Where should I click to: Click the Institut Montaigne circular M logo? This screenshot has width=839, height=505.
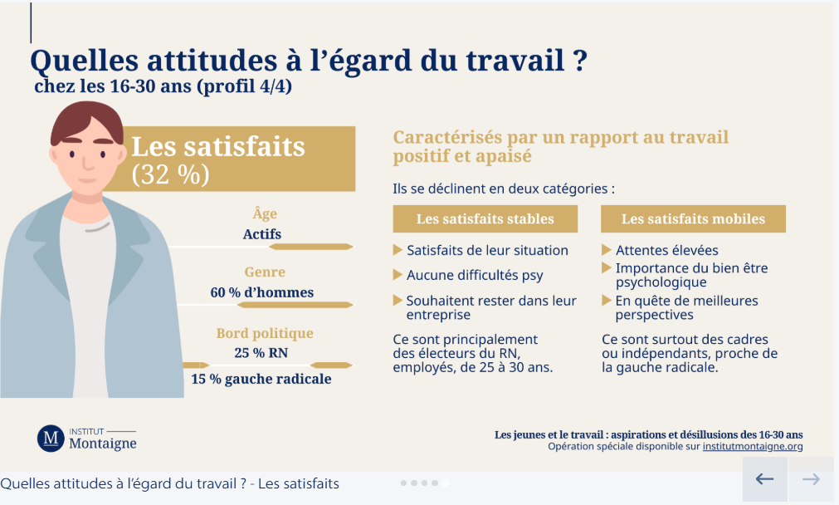50,438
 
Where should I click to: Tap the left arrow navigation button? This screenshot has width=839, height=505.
764,479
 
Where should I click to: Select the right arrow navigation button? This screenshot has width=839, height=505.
810,479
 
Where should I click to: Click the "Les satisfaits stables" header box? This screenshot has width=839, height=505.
485,219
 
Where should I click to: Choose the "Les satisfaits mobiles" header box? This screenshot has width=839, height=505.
693,219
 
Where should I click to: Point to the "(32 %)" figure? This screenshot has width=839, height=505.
171,175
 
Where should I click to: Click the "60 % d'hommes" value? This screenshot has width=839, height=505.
261,292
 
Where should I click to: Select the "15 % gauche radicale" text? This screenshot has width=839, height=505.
261,379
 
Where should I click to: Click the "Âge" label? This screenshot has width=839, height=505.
265,213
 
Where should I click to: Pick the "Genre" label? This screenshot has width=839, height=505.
265,272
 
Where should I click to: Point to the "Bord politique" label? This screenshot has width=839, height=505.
265,333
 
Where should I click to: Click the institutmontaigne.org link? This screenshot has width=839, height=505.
753,446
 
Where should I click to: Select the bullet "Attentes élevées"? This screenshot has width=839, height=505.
666,250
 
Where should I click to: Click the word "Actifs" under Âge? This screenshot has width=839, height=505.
262,234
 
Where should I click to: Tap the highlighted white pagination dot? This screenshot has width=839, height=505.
445,483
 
